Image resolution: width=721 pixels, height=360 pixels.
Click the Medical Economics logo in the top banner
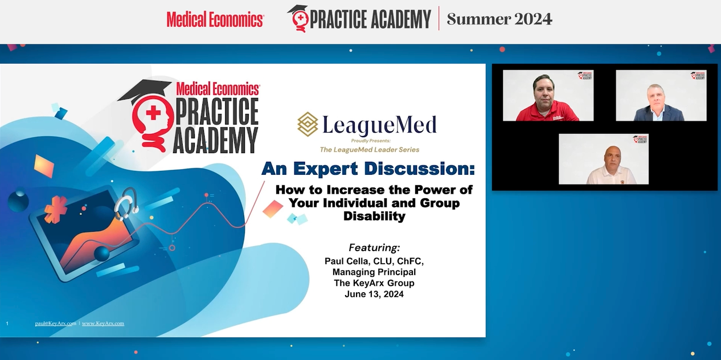[215, 19]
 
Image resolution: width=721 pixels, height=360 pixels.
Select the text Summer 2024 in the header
[499, 19]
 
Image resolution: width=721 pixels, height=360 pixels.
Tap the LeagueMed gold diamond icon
[308, 124]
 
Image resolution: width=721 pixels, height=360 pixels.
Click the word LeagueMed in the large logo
[379, 125]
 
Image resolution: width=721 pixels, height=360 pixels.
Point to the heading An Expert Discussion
[368, 169]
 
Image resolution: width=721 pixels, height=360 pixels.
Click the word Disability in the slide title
[374, 216]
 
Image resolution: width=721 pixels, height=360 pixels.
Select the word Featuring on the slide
[374, 248]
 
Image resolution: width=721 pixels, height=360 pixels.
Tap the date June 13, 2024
[374, 294]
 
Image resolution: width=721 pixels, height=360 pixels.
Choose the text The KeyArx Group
[374, 283]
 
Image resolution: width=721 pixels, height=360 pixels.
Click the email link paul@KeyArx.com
[55, 324]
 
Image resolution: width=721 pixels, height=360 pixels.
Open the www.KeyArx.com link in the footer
[103, 324]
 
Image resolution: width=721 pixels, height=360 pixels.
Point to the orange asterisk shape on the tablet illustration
[55, 209]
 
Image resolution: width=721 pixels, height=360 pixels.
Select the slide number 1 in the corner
[7, 324]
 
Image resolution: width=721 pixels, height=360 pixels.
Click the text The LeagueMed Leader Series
[369, 150]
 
